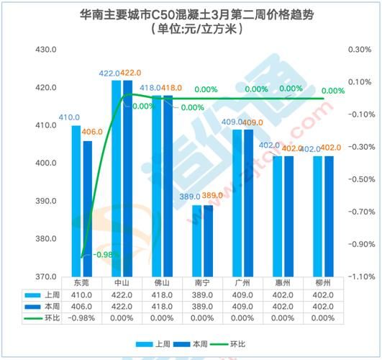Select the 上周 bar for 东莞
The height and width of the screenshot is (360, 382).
[x=76, y=201]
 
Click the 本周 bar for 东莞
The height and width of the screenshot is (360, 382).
[x=87, y=209]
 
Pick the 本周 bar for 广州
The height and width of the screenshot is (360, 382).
[x=248, y=202]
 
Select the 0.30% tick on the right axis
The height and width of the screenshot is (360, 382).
[x=358, y=50]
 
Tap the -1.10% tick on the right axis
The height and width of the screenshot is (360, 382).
[x=358, y=276]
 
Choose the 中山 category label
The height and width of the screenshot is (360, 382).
[x=122, y=283]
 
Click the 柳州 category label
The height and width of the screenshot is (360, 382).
[x=323, y=283]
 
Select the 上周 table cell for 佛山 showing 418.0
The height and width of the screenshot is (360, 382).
[x=162, y=294]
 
